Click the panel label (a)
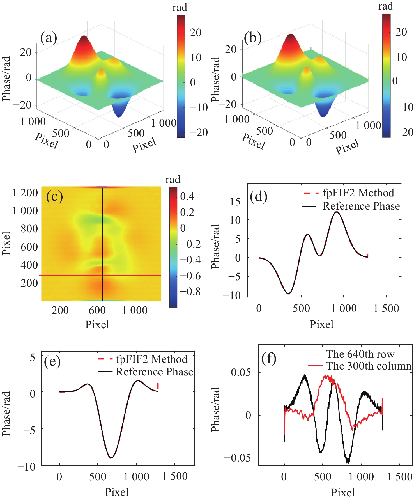coord(49,38)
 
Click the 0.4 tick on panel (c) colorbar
coord(187,196)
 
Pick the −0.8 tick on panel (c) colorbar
coord(190,292)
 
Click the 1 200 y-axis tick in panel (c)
coord(25,193)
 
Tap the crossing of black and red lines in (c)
coord(103,275)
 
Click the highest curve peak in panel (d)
coord(337,212)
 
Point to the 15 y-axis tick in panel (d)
coord(235,201)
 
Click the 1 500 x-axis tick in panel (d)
coord(386,308)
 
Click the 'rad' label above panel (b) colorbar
coord(386,6)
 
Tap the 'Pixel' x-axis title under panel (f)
coord(343,493)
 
